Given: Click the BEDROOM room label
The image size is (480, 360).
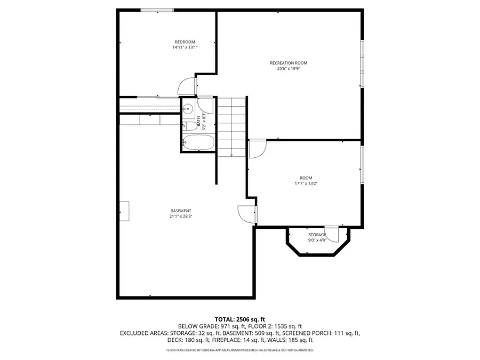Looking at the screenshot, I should [x=185, y=42].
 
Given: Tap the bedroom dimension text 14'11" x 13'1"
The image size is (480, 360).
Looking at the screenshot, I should [x=185, y=47].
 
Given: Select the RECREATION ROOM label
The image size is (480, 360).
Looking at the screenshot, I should [x=289, y=63].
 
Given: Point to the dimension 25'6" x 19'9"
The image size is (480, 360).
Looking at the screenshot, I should [x=289, y=68].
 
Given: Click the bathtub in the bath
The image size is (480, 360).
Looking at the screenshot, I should [x=198, y=143].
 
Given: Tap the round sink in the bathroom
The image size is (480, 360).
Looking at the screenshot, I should [x=187, y=109].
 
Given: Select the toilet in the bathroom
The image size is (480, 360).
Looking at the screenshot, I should [x=189, y=125].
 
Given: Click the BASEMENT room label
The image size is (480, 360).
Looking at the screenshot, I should [x=180, y=211].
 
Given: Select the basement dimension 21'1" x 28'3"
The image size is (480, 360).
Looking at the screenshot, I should [x=180, y=217].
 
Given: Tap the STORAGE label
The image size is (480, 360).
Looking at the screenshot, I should [x=317, y=235].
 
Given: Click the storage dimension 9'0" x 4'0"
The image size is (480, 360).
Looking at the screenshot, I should [x=317, y=240].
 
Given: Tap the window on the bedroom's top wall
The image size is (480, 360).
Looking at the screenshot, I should [x=157, y=10].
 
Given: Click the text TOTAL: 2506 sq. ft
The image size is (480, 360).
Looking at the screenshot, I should [x=239, y=319].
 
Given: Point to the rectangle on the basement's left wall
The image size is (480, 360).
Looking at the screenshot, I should [x=124, y=211].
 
